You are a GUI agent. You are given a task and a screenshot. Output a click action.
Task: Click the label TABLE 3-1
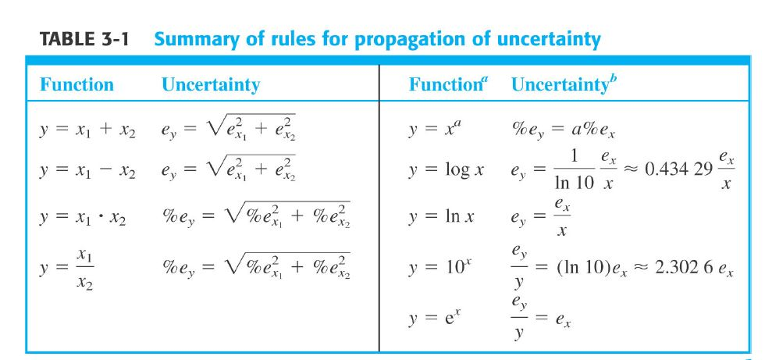(84, 39)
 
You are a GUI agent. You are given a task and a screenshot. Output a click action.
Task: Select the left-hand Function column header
(76, 84)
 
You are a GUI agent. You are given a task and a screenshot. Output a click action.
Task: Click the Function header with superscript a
(448, 84)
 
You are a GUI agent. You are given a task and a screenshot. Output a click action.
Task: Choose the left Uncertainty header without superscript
(211, 85)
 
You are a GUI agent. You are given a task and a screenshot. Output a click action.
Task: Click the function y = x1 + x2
(87, 130)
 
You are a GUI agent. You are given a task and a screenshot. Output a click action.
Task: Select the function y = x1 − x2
(87, 171)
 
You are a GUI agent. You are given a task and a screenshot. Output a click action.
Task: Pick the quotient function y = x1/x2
(67, 269)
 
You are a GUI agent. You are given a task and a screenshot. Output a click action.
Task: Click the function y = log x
(446, 171)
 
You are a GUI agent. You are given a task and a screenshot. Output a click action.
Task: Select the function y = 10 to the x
(437, 268)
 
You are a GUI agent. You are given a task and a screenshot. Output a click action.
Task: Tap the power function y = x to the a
(432, 130)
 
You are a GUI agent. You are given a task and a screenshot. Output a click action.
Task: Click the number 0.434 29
(678, 170)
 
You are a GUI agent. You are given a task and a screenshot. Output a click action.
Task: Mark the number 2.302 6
(681, 269)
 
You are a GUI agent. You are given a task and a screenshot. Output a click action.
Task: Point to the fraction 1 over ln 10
(575, 170)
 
